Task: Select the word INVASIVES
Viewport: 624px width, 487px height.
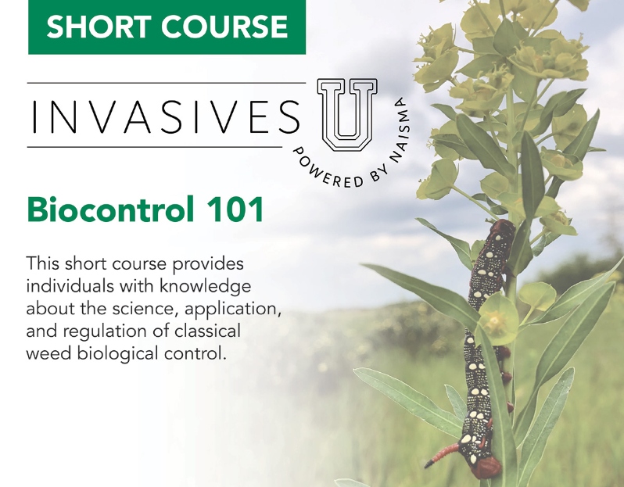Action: [164, 116]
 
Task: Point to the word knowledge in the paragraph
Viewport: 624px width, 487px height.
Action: [204, 285]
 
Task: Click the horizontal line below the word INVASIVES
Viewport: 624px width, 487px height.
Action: [156, 147]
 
